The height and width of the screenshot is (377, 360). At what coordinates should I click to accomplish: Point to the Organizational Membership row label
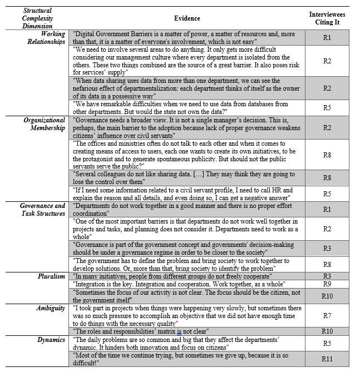click(45, 123)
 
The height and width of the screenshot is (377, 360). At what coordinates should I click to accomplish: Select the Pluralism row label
click(53, 276)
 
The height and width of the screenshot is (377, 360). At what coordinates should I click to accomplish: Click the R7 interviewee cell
click(327, 315)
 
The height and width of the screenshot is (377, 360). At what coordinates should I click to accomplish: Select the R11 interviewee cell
click(327, 359)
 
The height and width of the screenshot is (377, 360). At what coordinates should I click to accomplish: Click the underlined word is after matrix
click(180, 331)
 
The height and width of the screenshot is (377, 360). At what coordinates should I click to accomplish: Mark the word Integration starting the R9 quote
click(90, 284)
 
